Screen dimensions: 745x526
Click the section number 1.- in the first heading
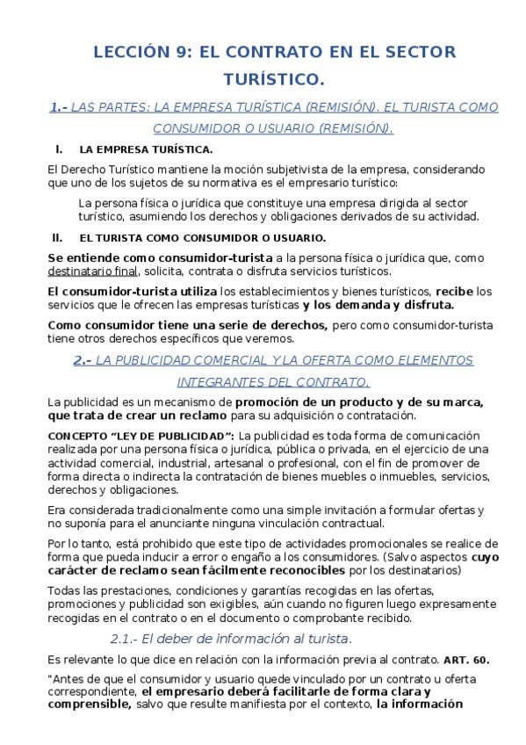point(58,108)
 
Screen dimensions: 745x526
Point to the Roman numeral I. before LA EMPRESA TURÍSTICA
point(58,149)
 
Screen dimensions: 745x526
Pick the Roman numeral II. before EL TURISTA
point(58,237)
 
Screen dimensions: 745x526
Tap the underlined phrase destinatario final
point(94,271)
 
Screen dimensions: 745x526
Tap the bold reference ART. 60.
point(465,659)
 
